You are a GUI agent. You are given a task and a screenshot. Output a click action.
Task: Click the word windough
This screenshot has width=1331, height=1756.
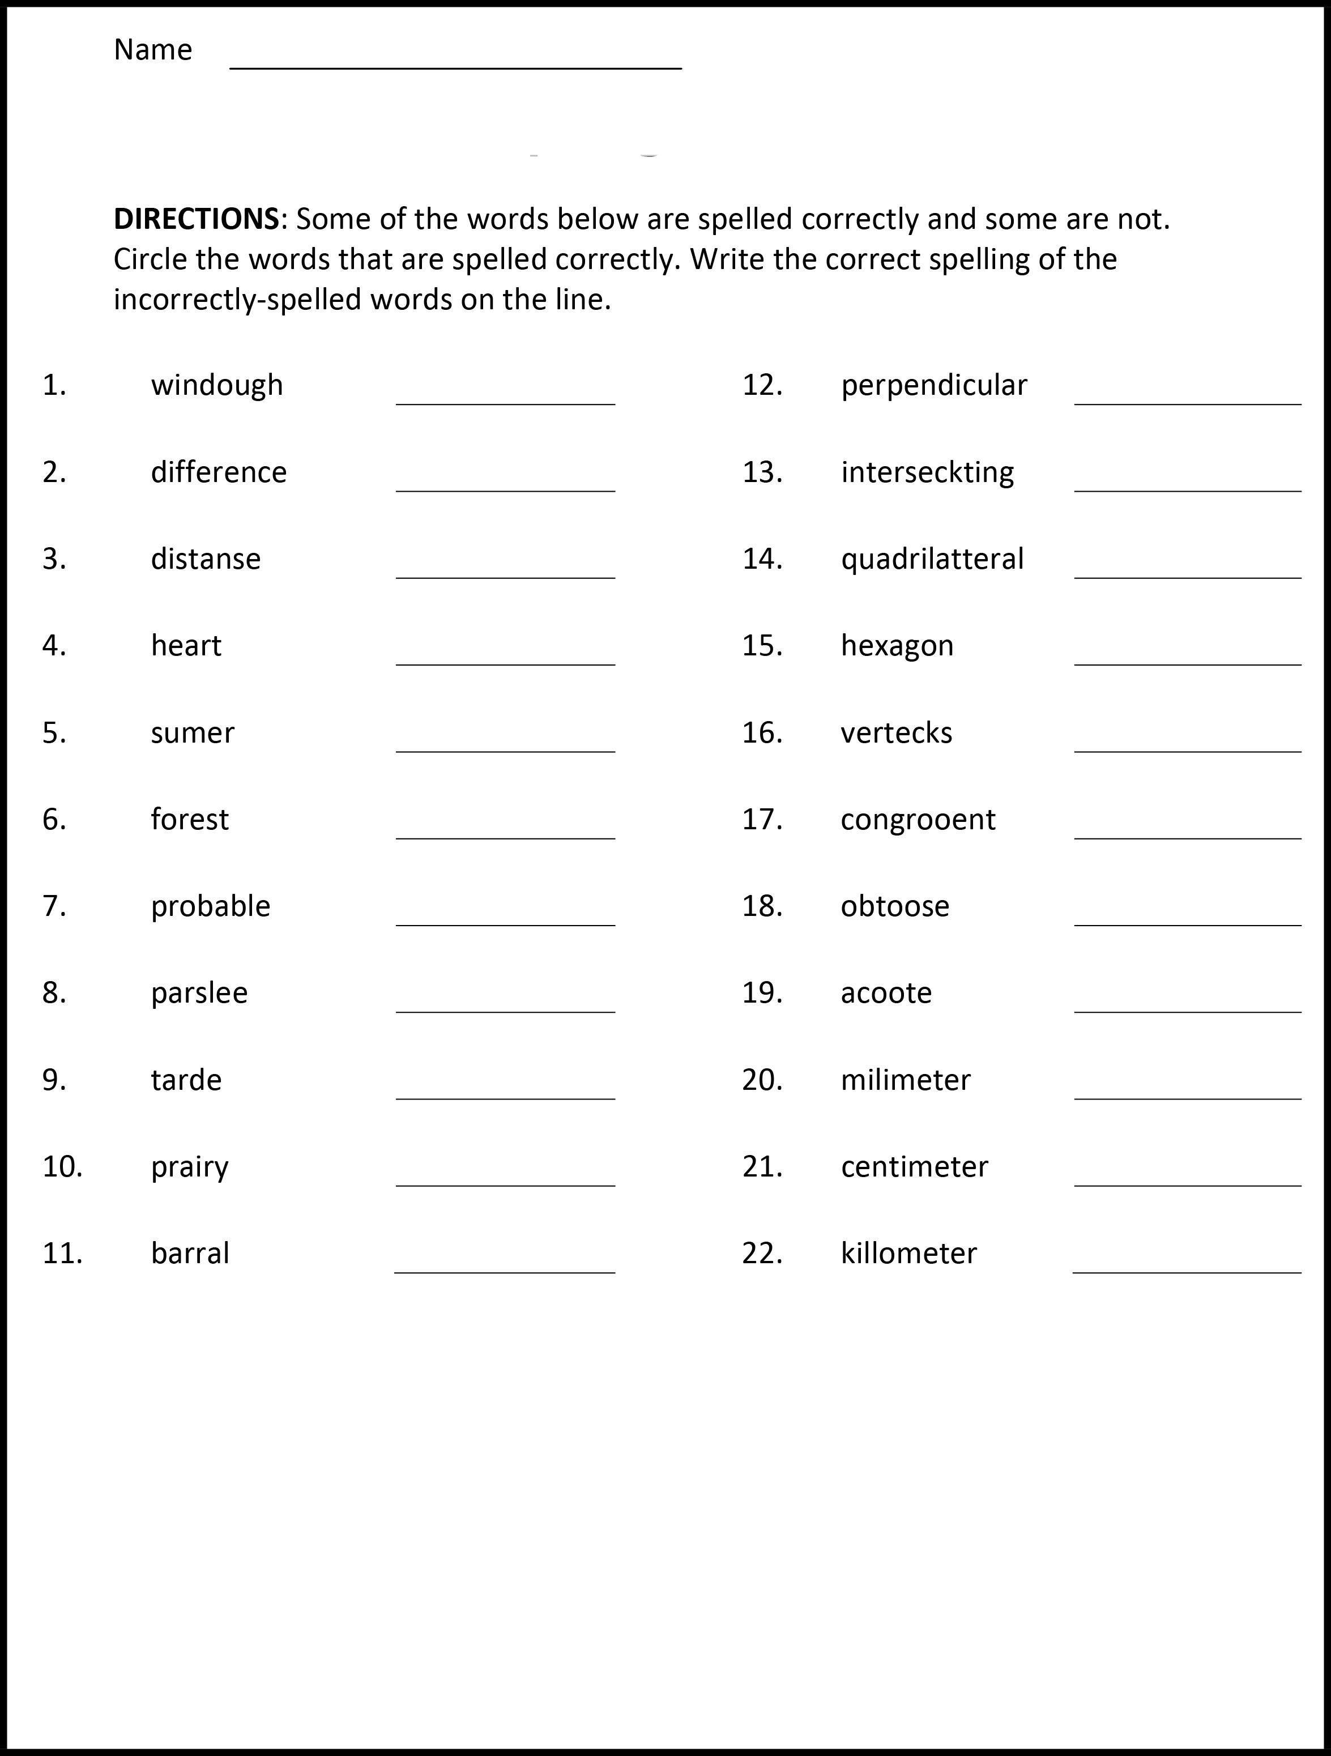(x=217, y=386)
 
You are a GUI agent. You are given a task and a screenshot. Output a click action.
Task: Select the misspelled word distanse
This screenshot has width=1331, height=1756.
(x=206, y=559)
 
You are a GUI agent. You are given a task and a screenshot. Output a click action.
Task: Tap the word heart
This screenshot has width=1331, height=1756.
(x=186, y=645)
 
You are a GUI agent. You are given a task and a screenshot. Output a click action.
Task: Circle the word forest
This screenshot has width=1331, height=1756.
(x=190, y=819)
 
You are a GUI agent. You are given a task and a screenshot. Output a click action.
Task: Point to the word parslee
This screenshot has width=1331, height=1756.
(x=199, y=993)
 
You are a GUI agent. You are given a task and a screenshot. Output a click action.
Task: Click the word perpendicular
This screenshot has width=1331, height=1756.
(x=934, y=386)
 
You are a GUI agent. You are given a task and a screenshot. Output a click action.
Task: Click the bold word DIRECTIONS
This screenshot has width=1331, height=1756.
(x=196, y=218)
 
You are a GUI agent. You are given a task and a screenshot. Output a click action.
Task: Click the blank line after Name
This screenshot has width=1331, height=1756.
(x=455, y=67)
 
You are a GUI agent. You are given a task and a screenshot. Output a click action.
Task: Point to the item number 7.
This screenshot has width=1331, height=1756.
(x=54, y=906)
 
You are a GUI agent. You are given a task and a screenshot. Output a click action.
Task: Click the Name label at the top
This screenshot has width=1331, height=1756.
(x=153, y=50)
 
